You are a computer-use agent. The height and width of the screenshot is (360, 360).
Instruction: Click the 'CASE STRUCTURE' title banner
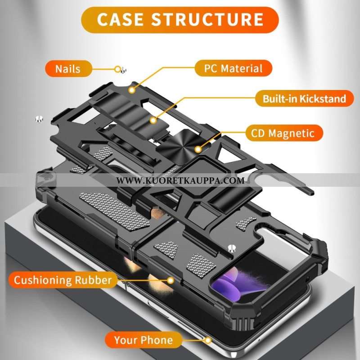(180, 20)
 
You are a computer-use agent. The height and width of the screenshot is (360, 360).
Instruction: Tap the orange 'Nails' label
(68, 69)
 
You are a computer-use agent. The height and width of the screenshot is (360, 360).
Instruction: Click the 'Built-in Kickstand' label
(305, 99)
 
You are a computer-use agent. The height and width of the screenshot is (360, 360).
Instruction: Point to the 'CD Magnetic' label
(285, 133)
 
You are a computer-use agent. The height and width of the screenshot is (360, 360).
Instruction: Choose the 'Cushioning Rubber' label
(62, 280)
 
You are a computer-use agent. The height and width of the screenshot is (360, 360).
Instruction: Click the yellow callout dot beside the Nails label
(118, 69)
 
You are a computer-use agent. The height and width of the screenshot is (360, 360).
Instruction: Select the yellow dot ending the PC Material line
(132, 90)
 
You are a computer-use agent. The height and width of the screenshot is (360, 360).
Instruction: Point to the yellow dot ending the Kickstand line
(153, 120)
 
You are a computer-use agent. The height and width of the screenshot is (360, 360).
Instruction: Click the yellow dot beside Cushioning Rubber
(170, 280)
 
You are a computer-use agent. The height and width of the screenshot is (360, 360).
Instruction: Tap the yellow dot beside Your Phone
(207, 340)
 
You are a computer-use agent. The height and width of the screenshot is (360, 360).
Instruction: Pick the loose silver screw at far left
(39, 119)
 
